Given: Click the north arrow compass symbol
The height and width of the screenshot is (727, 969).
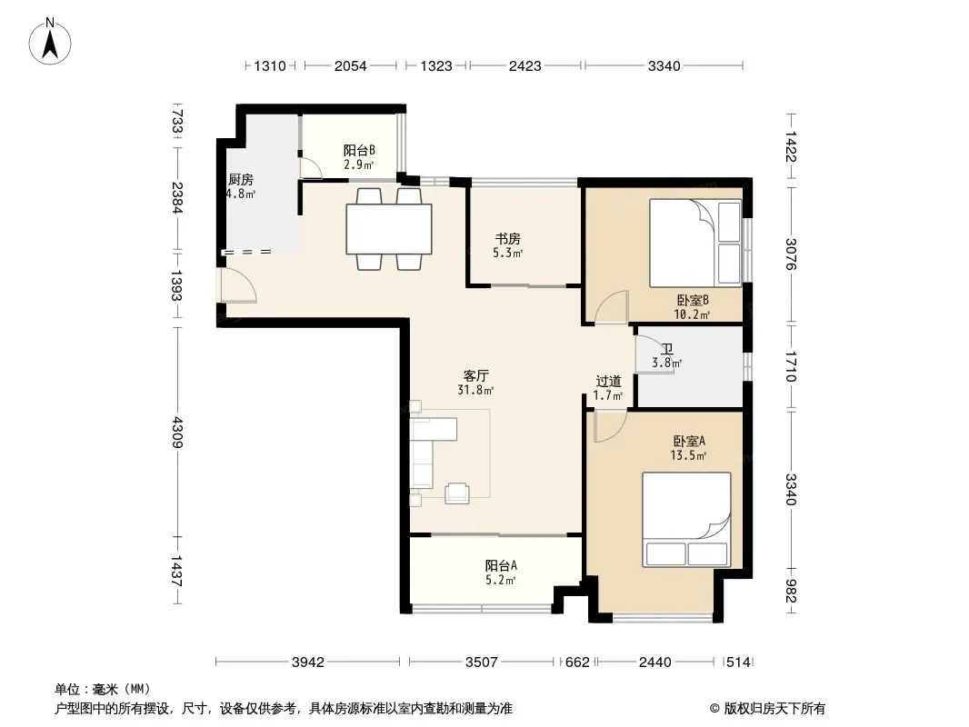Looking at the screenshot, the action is point(50,41).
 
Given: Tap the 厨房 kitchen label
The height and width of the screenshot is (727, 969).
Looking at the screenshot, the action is point(240,180).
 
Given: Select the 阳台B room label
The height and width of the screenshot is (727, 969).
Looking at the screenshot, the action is point(359,150).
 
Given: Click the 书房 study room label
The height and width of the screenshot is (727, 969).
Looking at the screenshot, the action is point(507,238).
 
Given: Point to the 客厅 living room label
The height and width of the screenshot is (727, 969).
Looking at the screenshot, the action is point(475,375).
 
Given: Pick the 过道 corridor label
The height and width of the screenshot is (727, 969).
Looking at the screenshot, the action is point(608,381).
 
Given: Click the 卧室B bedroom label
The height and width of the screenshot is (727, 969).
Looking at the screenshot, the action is point(692,300).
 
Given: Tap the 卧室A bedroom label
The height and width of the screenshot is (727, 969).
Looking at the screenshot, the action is point(689,441).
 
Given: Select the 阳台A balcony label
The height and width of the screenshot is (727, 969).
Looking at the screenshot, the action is point(501,565).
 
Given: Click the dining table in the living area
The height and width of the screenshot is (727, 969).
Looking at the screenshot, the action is point(389,228).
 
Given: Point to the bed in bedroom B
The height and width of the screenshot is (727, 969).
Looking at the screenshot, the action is point(695,243).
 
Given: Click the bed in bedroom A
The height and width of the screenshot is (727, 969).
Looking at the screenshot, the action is point(686,520).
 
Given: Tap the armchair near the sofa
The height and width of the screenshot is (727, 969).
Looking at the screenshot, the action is point(456,493).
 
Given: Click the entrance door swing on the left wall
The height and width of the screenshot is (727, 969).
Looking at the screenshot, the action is point(238,286).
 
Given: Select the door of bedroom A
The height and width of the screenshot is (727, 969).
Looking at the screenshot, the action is point(611,427).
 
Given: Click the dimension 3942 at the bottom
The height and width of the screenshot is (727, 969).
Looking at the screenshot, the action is point(308,662).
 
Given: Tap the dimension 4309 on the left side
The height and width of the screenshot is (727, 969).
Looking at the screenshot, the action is point(177,433).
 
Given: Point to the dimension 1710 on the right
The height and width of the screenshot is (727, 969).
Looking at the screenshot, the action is point(792,367).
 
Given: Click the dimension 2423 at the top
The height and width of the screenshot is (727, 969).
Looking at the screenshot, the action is point(524,66).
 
